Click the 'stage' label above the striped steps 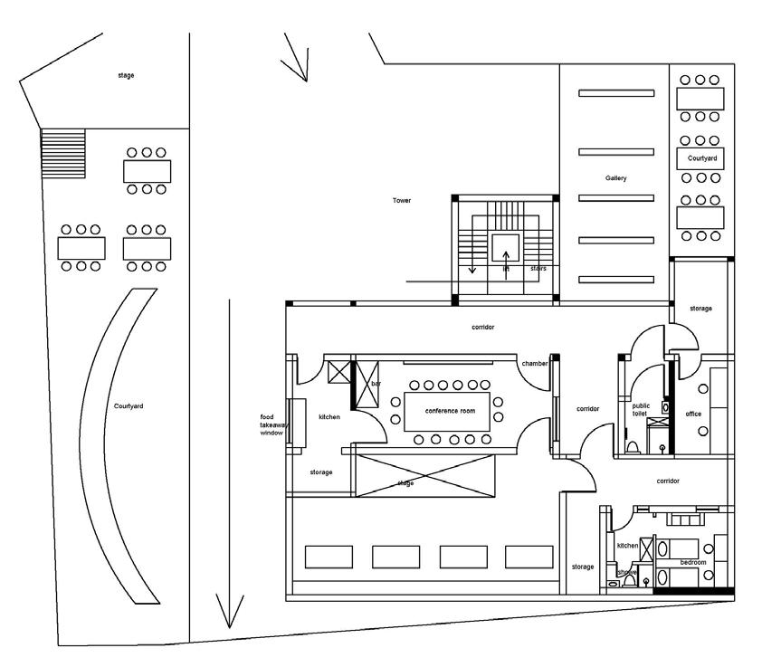pos(126,75)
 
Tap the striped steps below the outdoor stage pos(62,153)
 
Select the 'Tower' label pos(402,200)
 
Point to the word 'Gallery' pos(615,178)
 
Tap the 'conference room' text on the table pos(450,412)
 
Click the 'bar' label pos(376,385)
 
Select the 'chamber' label pos(534,364)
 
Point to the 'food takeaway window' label pos(272,425)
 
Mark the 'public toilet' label pos(641,409)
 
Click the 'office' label pos(693,414)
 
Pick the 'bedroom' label pos(680,561)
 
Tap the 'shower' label pos(627,572)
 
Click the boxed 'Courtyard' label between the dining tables pos(702,158)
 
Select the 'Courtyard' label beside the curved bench pos(129,406)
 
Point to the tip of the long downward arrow pos(229,627)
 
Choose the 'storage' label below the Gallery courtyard pos(700,309)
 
